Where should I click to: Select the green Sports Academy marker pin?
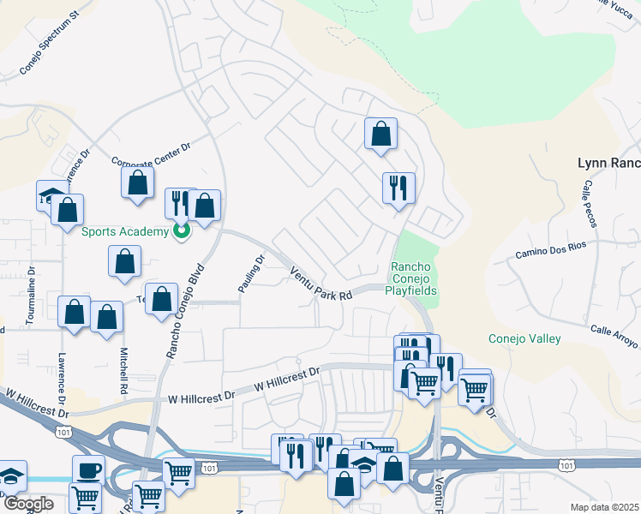pos(181,230)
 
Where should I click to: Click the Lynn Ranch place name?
pos(609,162)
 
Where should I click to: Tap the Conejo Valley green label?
pos(524,338)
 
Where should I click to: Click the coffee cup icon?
pos(89,469)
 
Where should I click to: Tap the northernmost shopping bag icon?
pos(380,134)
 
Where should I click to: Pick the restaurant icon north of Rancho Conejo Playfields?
pos(398,188)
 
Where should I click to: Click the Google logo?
pos(28,504)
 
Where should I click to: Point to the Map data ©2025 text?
pos(605,507)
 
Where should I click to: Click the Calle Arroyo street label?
pos(614,337)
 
